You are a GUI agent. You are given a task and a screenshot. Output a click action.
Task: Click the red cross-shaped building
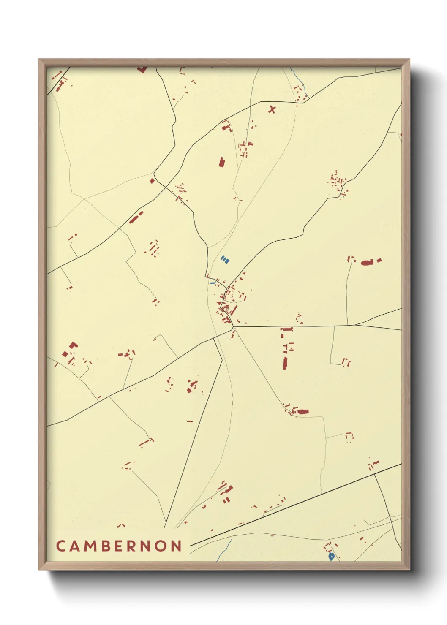[x=272, y=110]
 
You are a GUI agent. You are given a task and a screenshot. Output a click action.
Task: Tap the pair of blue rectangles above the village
[x=225, y=259]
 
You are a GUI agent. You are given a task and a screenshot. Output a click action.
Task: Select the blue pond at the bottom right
[x=332, y=557]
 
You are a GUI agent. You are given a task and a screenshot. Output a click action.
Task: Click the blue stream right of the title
[x=225, y=549]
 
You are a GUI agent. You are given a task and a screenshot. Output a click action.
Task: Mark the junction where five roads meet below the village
[x=233, y=326]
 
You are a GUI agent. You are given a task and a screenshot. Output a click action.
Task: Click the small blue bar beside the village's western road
[x=213, y=283]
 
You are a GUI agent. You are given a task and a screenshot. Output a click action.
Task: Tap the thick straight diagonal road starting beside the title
[x=296, y=503]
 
